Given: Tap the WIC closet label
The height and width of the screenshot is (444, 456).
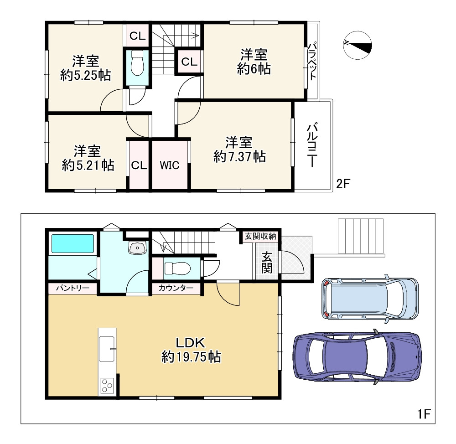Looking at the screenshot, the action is coord(170,165).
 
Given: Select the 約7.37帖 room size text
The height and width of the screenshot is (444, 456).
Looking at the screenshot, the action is coord(239,157).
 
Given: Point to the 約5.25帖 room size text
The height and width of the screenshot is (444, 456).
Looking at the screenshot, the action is coord(86,76).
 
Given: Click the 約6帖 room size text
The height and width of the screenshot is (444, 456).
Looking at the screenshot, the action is coord(254,69).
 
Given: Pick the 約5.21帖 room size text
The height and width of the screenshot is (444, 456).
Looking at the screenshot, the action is coord(88,166).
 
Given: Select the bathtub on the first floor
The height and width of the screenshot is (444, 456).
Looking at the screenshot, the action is coord(73,243).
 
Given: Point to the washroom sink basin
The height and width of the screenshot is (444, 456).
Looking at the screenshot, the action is coord(138,248).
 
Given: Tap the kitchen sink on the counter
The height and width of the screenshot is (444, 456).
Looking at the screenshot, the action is coord(107,349).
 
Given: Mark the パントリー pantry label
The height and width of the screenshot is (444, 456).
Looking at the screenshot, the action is coord(73,288).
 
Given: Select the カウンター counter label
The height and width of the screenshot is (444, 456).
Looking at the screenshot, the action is coord(176,288).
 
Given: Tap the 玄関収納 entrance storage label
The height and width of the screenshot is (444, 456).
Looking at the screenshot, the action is coord(260,237).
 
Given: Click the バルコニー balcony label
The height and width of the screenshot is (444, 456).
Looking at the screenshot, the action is coord(312,145).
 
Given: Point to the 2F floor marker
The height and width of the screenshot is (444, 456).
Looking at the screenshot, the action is coord(343,184).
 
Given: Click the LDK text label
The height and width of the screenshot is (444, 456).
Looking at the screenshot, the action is coord(191,343).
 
